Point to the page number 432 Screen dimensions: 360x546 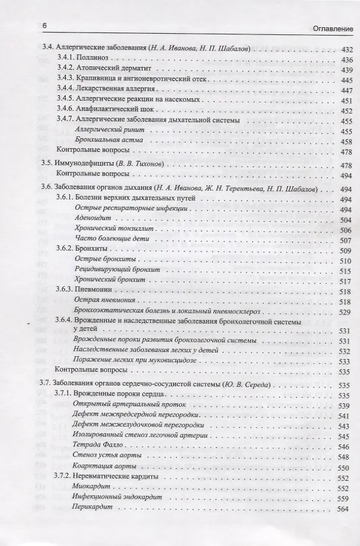pyautogui.click(x=346, y=49)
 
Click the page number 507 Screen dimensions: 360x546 pyautogui.click(x=346, y=240)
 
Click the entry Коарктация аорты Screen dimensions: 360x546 pyautogui.click(x=101, y=466)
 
